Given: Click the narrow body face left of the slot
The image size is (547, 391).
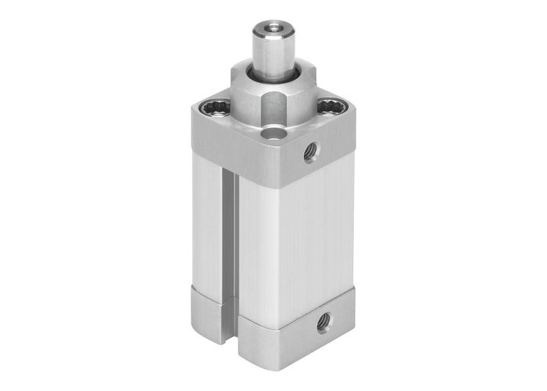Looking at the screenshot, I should coord(207,227).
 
